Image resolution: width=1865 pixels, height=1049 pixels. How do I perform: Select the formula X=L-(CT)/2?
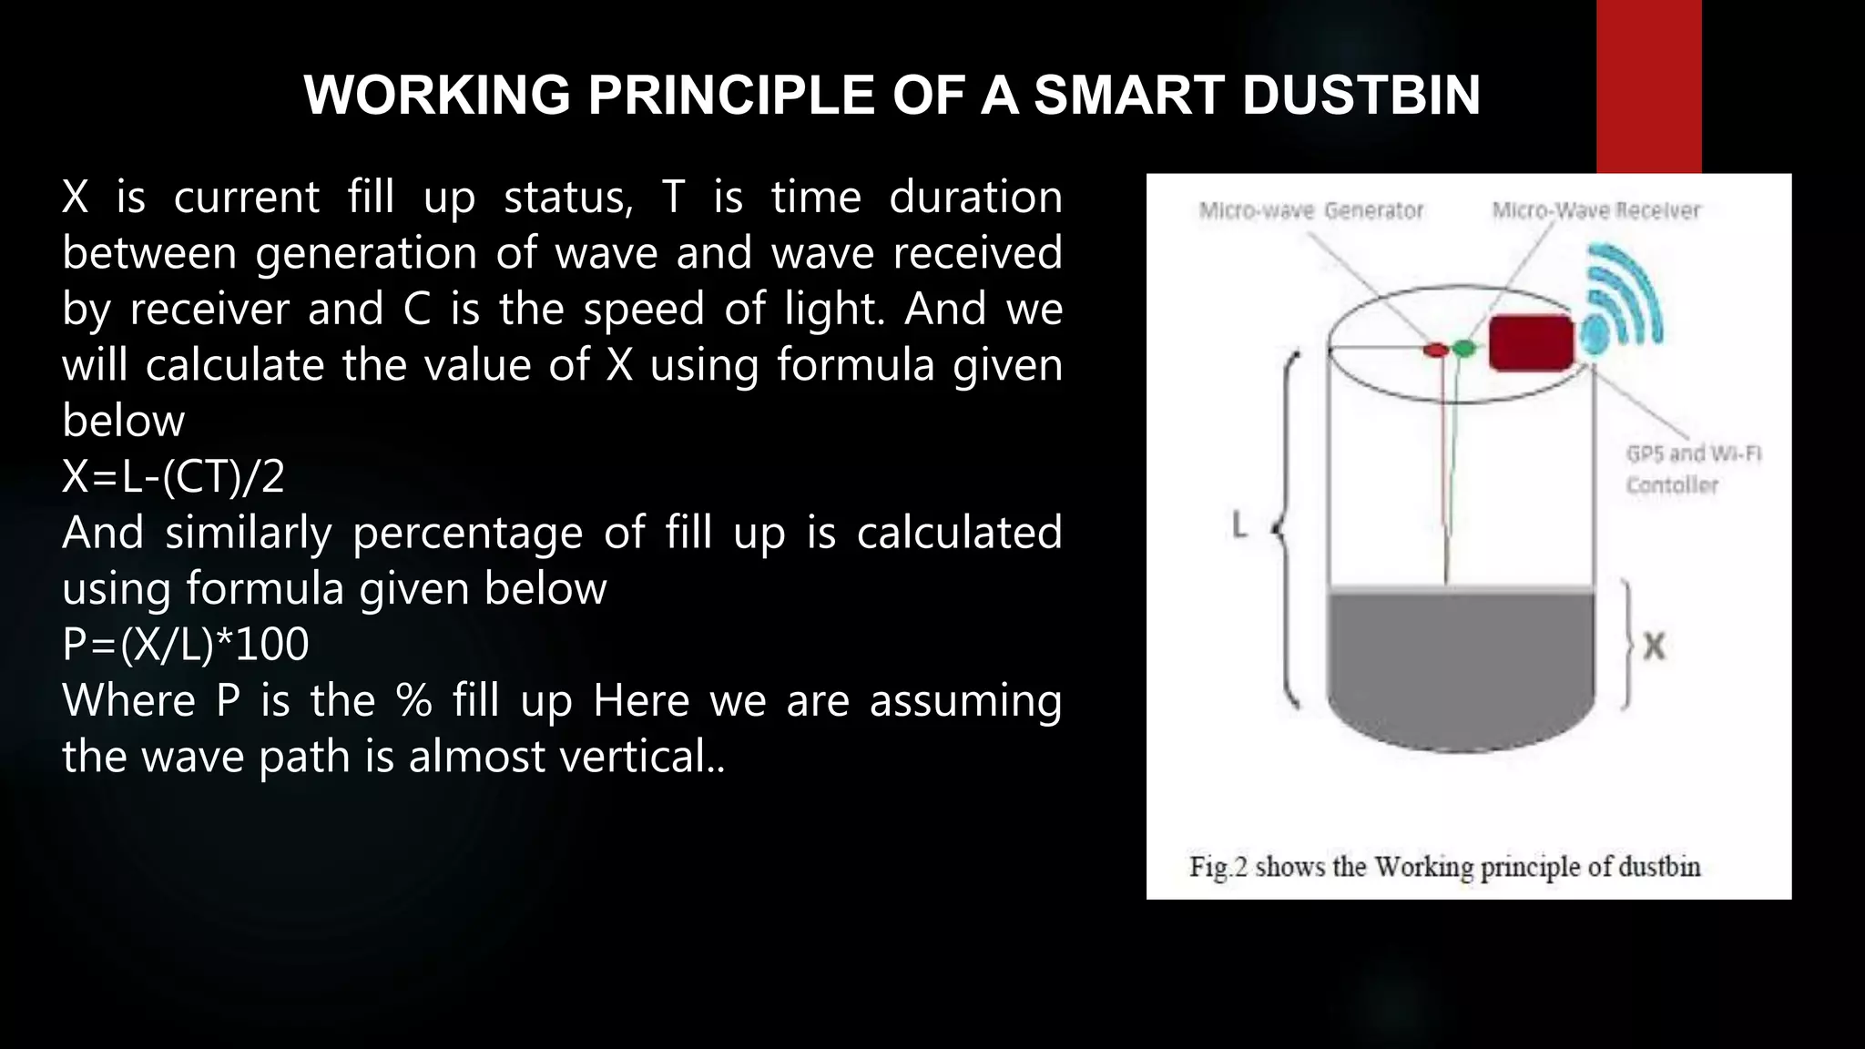click(174, 476)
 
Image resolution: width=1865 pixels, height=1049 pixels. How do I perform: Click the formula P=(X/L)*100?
click(186, 644)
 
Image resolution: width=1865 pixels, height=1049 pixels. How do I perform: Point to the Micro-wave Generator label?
click(1310, 211)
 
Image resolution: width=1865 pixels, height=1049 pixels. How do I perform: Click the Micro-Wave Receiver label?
click(1595, 211)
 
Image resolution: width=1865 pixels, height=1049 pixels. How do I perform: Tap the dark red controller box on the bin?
click(1531, 343)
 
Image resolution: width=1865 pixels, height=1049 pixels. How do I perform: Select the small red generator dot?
click(1435, 350)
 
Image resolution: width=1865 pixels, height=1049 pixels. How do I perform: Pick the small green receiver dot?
click(1463, 348)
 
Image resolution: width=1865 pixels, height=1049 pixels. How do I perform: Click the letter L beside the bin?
click(1238, 525)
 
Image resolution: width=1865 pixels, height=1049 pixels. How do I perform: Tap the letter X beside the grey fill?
click(1654, 647)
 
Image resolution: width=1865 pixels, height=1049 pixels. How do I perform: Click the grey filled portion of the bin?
click(1460, 665)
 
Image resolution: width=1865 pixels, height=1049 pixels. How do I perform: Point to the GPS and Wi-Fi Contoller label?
click(1693, 469)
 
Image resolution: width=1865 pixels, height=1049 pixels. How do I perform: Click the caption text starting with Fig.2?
click(1444, 866)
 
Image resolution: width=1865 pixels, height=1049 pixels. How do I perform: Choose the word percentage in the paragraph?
click(467, 533)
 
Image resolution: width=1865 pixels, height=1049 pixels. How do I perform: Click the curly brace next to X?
click(1627, 645)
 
